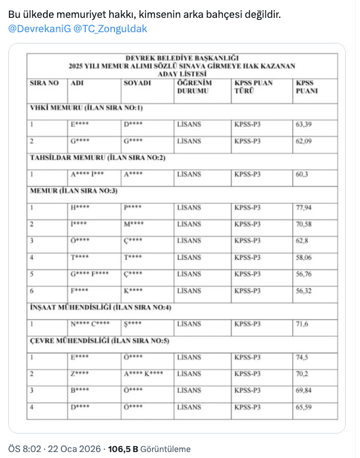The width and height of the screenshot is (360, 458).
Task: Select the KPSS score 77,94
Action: point(304,208)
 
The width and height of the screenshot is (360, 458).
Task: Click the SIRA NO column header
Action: point(45,83)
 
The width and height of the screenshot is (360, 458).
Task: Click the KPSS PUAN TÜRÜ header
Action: point(253,87)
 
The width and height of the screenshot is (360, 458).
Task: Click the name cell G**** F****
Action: point(89,274)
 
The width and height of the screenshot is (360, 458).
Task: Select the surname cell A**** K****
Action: point(144,374)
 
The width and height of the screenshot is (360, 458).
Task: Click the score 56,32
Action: point(304,291)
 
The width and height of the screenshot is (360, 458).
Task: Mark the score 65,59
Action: point(304,407)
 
